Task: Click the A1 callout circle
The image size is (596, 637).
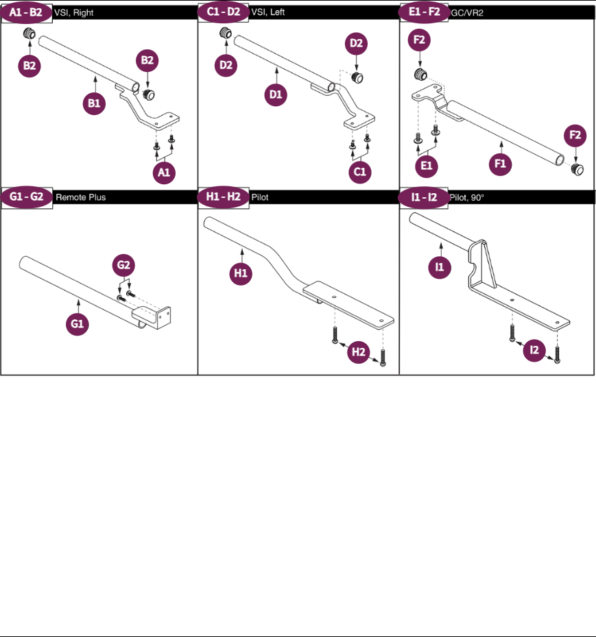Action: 163,174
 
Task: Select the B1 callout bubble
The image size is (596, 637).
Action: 94,103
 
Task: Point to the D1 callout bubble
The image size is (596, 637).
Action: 276,96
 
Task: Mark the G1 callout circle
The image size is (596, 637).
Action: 78,325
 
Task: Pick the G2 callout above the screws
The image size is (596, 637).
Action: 125,264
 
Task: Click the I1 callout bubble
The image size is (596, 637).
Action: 439,266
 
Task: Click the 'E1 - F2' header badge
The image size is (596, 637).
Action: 425,13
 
